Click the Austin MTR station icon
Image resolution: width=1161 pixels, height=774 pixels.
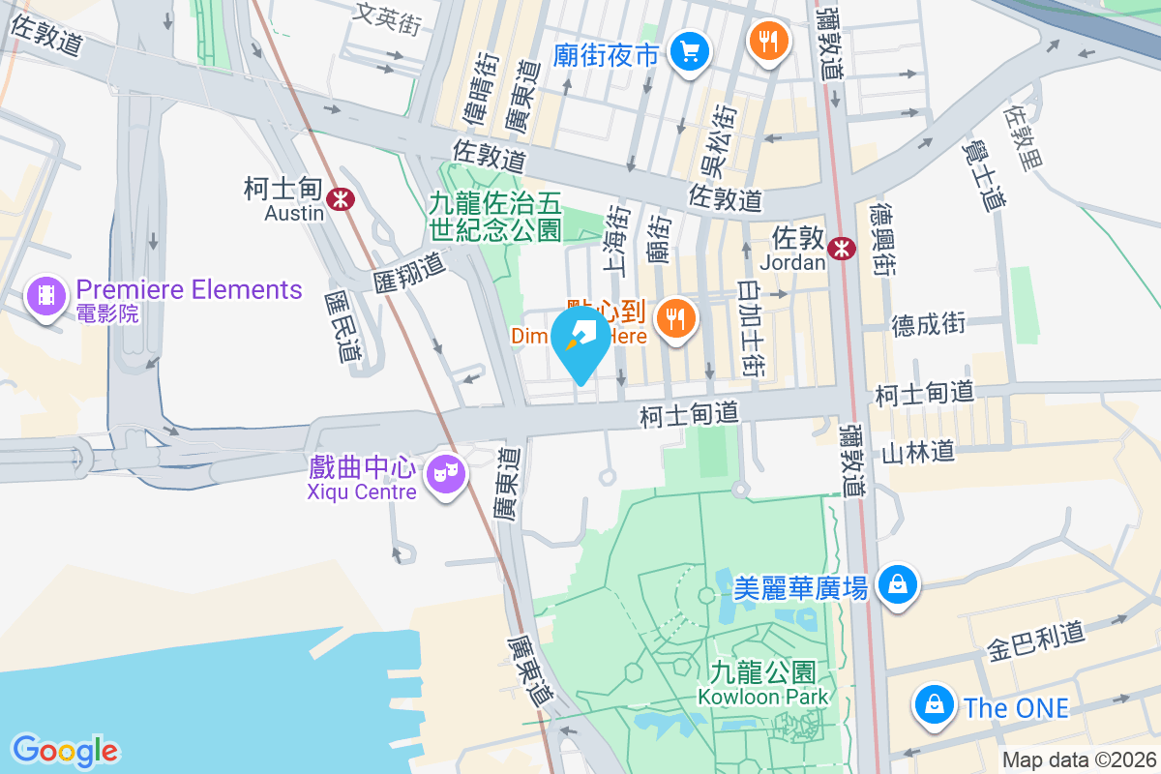[x=340, y=200]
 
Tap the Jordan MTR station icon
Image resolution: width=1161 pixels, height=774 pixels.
[x=842, y=248]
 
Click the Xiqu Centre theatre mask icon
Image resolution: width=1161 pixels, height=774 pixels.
[x=445, y=474]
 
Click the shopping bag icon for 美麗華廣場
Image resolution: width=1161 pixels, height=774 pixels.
[x=897, y=583]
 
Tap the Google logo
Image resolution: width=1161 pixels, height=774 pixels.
[x=65, y=751]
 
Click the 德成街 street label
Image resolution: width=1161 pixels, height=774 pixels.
[x=929, y=325]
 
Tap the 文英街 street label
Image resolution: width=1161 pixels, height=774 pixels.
[x=389, y=16]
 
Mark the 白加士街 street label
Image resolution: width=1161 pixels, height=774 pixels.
[x=751, y=328]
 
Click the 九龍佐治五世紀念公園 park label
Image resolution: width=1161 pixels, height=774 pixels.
[x=495, y=217]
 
